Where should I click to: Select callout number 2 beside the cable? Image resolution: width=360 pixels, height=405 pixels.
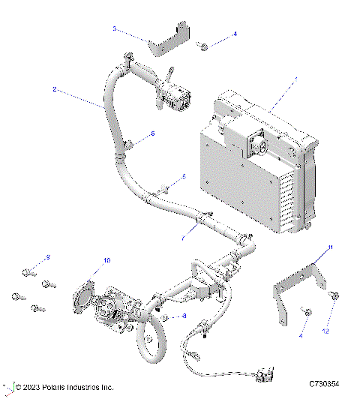55,89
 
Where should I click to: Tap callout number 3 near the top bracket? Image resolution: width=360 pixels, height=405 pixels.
114,28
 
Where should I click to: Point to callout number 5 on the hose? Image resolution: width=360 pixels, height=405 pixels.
153,133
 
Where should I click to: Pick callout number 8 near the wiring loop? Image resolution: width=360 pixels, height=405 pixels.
184,316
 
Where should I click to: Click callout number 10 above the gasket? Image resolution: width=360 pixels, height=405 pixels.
106,259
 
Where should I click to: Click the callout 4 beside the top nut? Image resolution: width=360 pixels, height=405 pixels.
234,34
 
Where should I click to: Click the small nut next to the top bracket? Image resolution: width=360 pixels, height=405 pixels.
202,46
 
